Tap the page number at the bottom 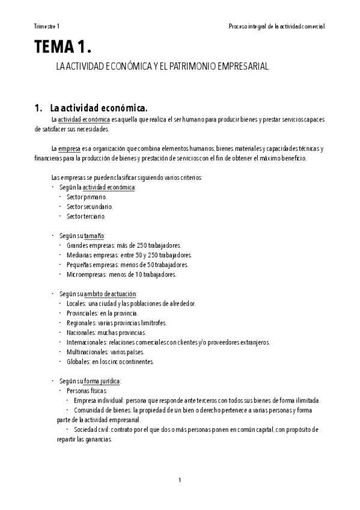180,479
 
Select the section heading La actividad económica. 99,108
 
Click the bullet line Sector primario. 87,197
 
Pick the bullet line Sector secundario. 90,206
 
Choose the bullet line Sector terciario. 87,216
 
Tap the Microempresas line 121,274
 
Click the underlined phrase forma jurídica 102,381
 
